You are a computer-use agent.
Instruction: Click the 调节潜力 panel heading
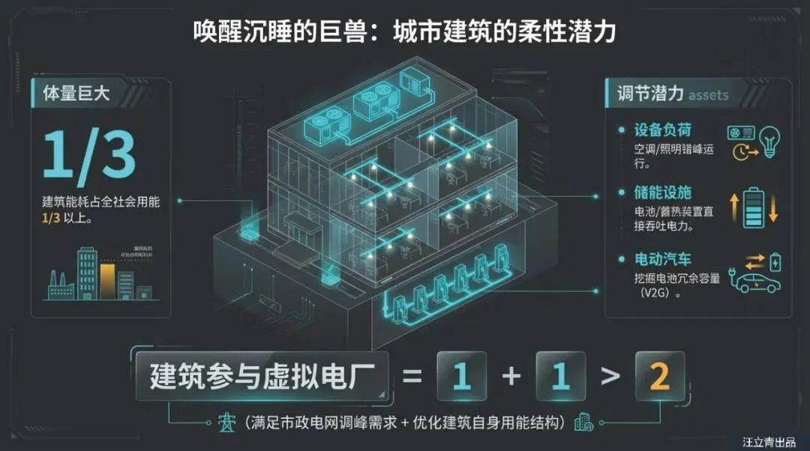coord(650,94)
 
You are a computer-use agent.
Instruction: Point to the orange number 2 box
coord(659,376)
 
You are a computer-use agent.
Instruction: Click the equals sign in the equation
coord(412,376)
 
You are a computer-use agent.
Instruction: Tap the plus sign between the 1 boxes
coord(511,376)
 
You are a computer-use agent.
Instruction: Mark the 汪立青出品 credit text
coord(772,442)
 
